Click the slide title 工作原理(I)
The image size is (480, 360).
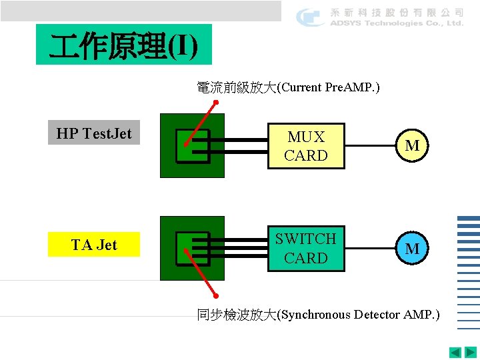tap(124, 45)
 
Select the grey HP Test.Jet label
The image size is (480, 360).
tap(94, 133)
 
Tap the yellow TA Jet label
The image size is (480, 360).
tap(94, 245)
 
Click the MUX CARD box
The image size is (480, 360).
tap(306, 146)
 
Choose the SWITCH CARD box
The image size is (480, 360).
tap(306, 248)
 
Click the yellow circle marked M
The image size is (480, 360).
tap(412, 145)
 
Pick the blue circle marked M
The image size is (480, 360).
tap(412, 249)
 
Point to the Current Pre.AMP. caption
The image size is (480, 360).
tap(288, 87)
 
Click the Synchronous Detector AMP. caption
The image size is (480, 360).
tap(318, 315)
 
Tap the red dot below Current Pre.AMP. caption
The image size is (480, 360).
tap(215, 103)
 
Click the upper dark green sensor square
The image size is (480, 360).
tap(193, 146)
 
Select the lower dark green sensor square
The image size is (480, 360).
tap(193, 248)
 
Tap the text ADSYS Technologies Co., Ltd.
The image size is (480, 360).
tap(397, 23)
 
